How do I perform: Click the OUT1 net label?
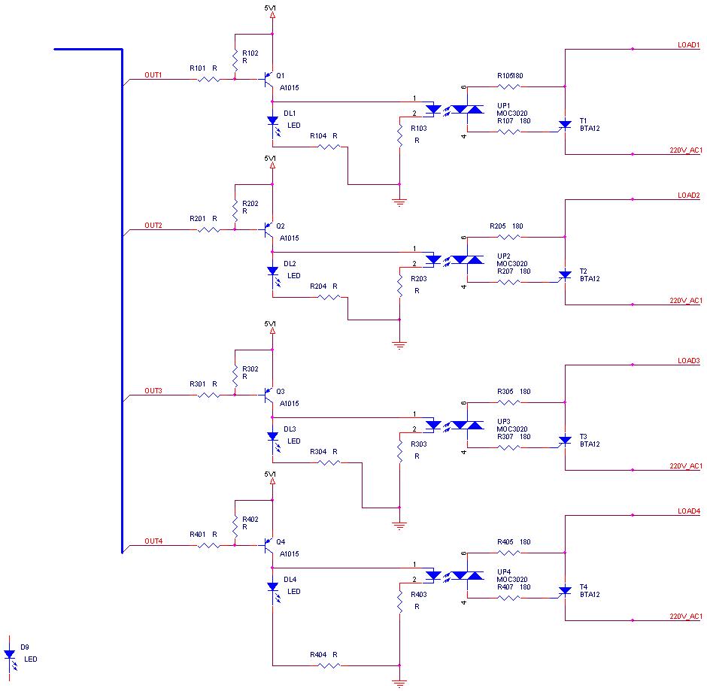tap(153, 75)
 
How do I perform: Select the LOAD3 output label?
tap(688, 361)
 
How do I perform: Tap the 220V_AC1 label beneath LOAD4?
tap(685, 617)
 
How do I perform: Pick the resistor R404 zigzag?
tap(329, 665)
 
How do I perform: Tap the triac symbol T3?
tap(564, 440)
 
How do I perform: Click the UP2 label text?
tap(503, 256)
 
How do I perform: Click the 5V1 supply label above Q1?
tap(271, 8)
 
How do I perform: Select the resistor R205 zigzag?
tap(509, 237)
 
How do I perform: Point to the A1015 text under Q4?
tap(290, 554)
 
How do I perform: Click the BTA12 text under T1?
tap(590, 129)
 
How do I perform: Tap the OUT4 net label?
tap(153, 541)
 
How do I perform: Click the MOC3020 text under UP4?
tap(512, 580)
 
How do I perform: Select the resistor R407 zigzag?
tap(509, 598)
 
